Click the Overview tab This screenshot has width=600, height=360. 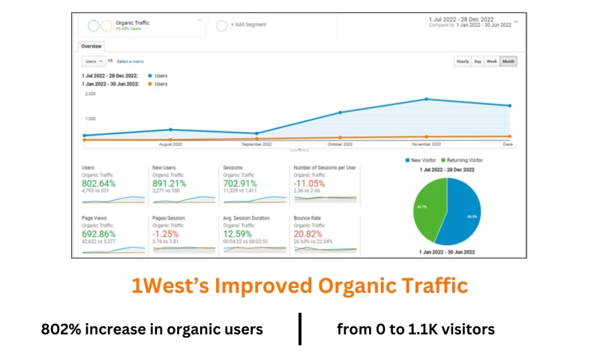[x=91, y=46]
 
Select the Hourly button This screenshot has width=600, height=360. [x=462, y=61]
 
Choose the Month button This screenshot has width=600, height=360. [x=508, y=61]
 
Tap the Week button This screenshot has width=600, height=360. [x=491, y=61]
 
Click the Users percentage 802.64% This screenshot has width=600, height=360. [x=99, y=183]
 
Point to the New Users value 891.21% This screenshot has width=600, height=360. [x=169, y=183]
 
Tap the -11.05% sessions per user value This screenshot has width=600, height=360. [x=309, y=183]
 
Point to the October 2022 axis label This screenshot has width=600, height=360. [x=340, y=143]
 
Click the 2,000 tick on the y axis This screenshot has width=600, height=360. [x=90, y=94]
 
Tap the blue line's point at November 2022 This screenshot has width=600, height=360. [x=426, y=99]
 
